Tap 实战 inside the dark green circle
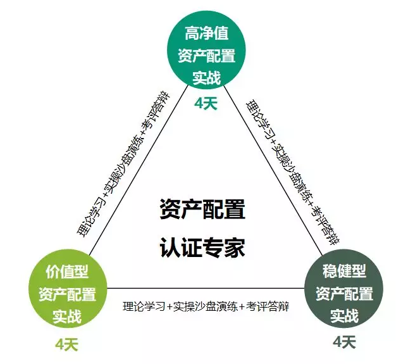coord(345,315)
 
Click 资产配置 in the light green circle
coord(67,294)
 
